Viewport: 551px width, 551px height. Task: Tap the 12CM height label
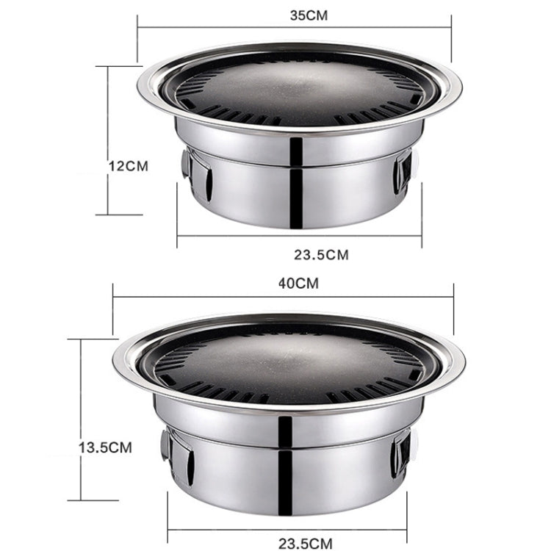[128, 165]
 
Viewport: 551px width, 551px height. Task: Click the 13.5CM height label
[106, 446]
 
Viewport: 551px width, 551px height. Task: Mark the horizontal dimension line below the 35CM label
[294, 27]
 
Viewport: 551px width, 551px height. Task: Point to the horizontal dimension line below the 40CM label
[283, 298]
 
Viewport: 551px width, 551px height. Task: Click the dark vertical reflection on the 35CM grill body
[296, 180]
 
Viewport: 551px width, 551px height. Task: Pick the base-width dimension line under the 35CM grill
[299, 236]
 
